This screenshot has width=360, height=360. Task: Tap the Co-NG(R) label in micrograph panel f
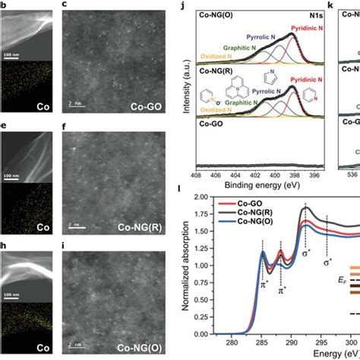145,226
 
